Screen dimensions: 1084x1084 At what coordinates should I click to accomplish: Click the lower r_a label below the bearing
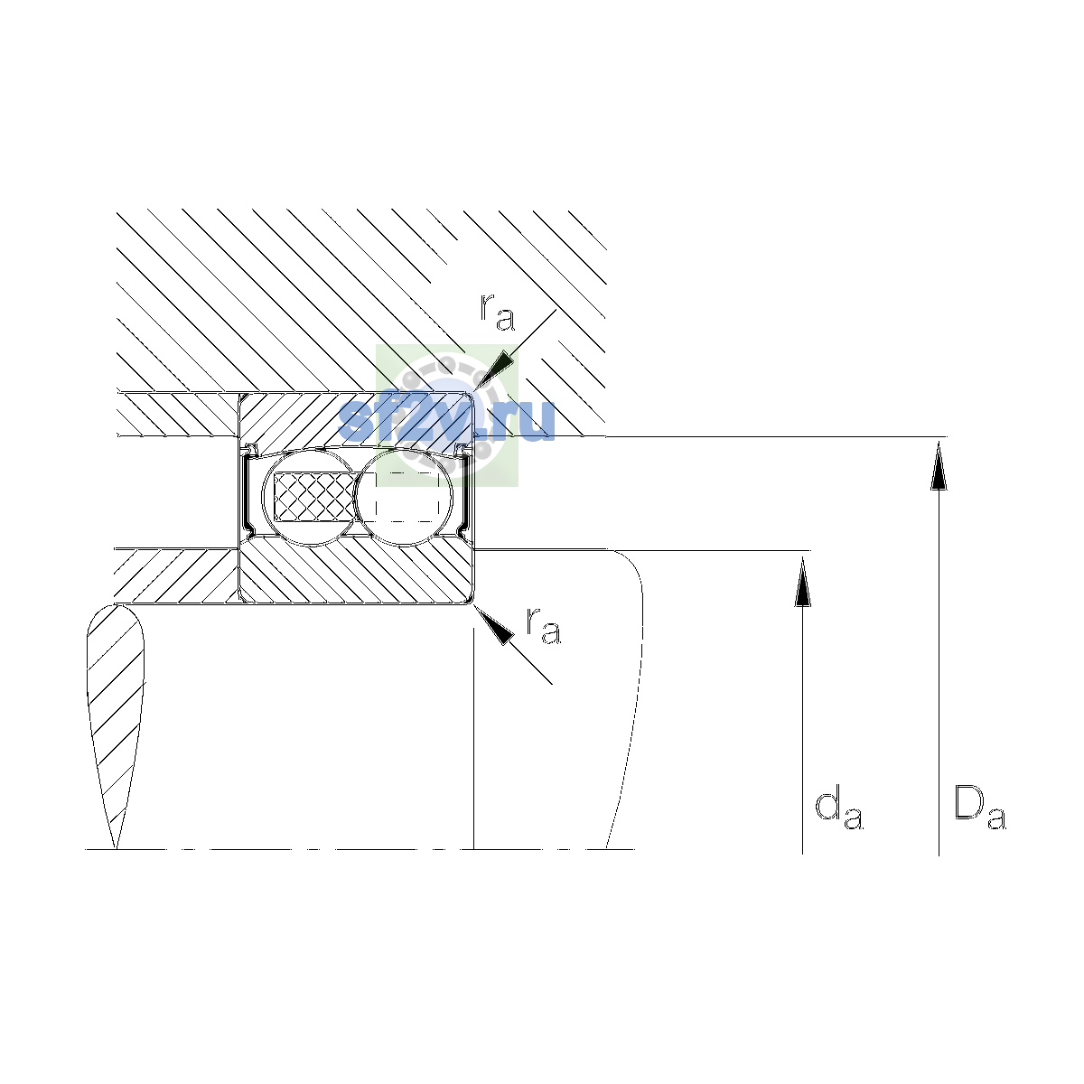tap(544, 625)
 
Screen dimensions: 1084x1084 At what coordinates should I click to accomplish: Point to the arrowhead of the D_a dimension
tap(939, 466)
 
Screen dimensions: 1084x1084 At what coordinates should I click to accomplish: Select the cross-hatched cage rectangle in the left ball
tap(313, 497)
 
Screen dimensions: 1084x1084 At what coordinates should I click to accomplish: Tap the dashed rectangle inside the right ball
tap(407, 497)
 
